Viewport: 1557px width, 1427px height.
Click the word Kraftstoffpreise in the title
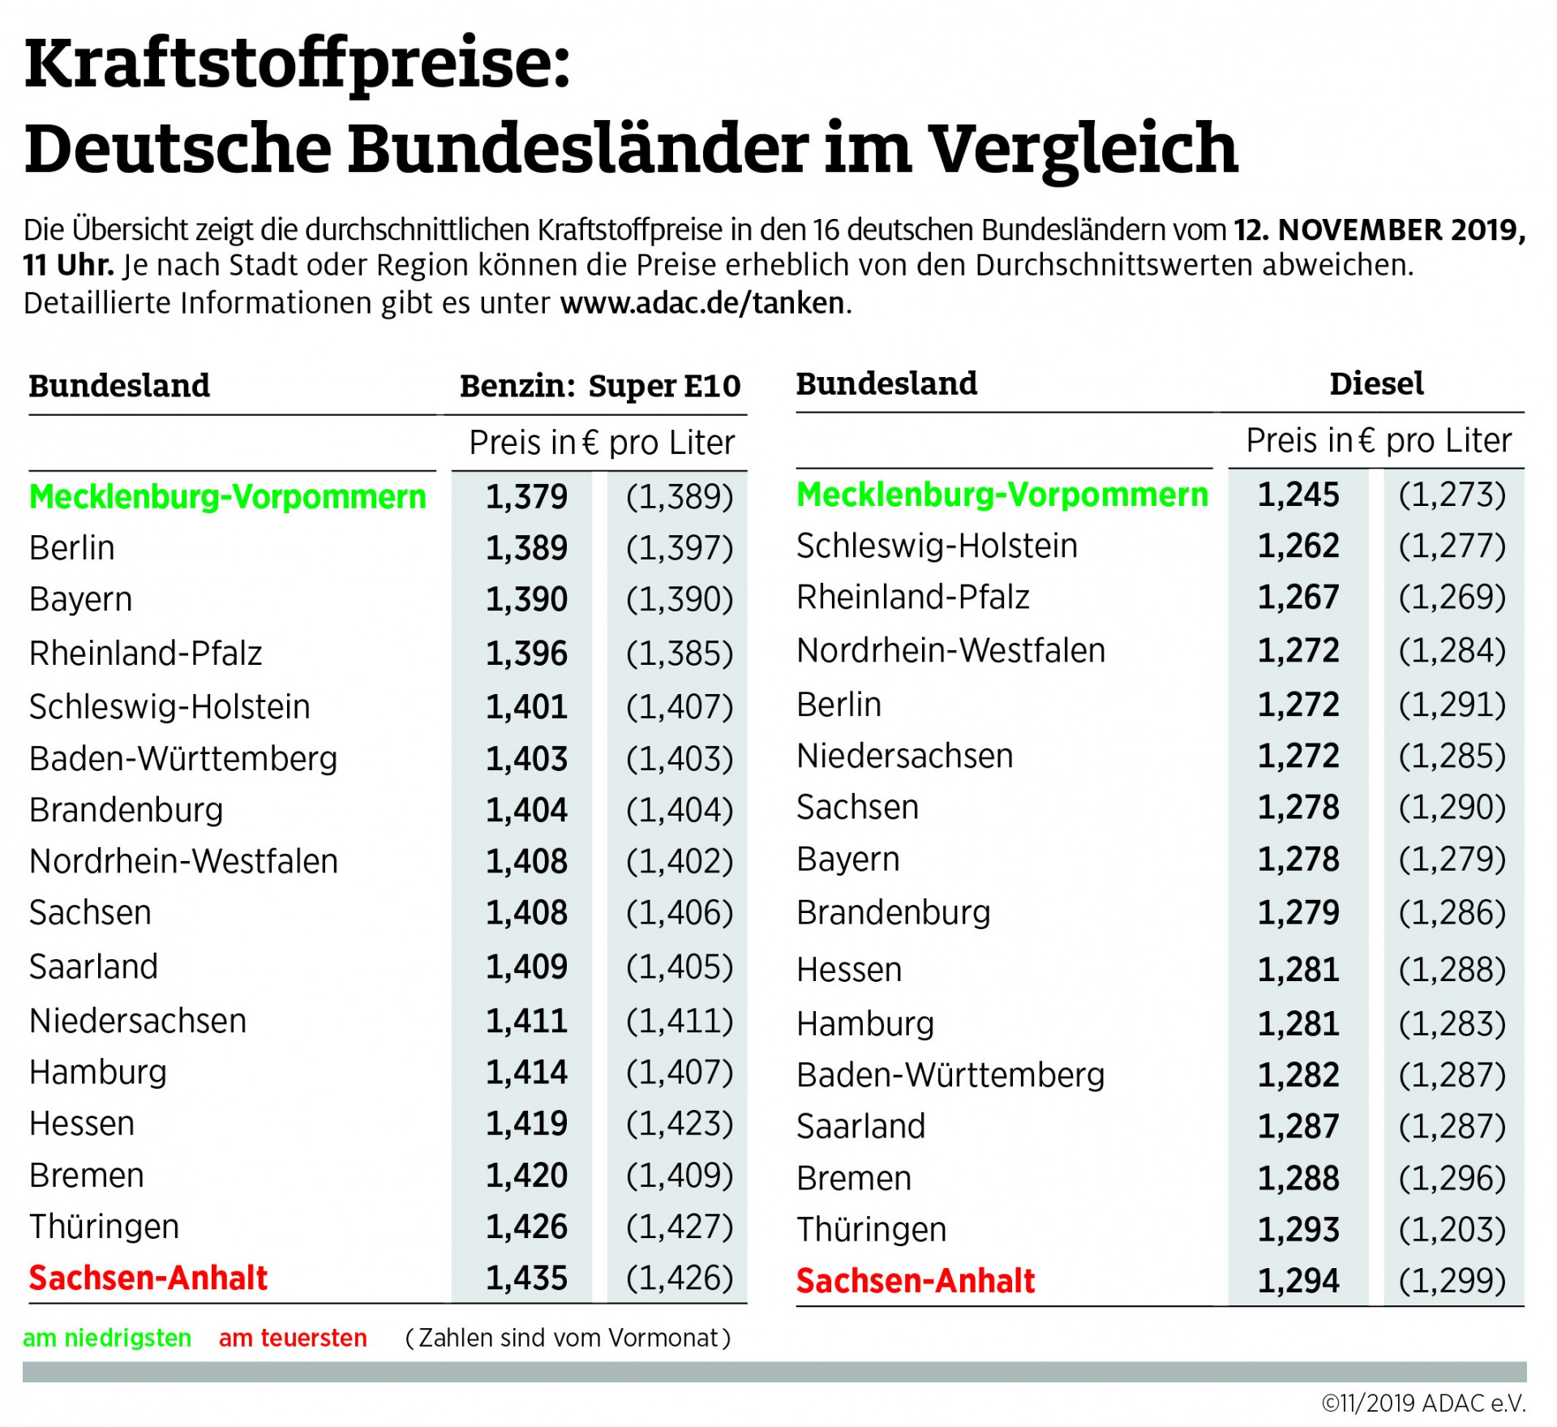pos(297,65)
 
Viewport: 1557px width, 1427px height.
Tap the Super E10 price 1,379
pos(526,497)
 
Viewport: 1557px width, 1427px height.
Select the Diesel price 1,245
pos(1298,495)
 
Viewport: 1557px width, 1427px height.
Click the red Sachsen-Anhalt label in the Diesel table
pos(915,1281)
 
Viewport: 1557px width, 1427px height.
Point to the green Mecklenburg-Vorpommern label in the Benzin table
pos(227,497)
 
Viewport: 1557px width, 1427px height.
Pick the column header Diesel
pos(1376,384)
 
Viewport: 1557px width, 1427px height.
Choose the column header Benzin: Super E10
pos(600,386)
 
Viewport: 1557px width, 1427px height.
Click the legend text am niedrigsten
pos(107,1338)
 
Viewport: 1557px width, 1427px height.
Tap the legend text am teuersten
pos(293,1338)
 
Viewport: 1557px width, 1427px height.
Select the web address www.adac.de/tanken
pos(702,303)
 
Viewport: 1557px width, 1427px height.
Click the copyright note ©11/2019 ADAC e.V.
pos(1423,1403)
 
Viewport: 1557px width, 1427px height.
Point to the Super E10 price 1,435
pos(526,1279)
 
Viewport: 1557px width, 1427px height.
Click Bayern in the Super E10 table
pos(80,600)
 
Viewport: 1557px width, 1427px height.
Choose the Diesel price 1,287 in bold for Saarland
pos(1298,1127)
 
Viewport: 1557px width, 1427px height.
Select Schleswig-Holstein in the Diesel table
pos(937,546)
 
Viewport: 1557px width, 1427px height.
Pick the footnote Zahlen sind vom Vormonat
pos(568,1338)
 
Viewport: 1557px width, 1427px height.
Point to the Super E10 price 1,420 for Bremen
pos(526,1176)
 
